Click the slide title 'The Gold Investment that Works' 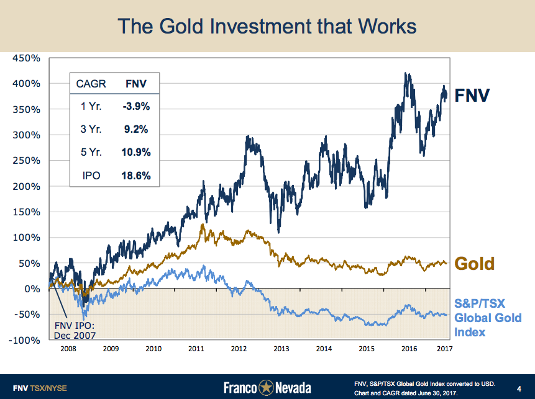point(267,26)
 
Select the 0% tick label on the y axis point(33,289)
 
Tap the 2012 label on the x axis point(239,349)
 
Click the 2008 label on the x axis point(68,349)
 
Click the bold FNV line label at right point(472,96)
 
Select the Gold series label point(475,263)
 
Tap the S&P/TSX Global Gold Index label point(488,317)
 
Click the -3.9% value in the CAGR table point(136,106)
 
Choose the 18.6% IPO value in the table point(136,176)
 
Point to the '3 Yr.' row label point(91,130)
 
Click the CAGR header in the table point(91,83)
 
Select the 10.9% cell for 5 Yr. point(136,153)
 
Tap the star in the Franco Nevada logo point(267,388)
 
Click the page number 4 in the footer point(519,388)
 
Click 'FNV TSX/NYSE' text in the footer point(40,388)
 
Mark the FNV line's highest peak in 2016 point(406,73)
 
